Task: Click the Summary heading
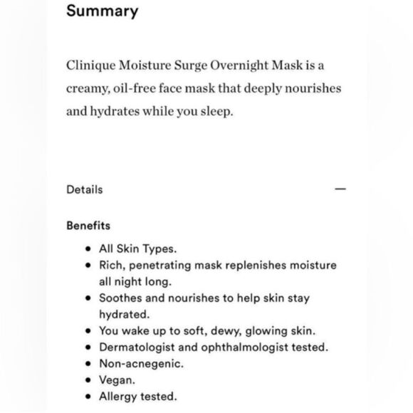click(x=103, y=12)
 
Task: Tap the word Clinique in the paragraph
click(x=90, y=66)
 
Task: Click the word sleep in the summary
click(x=214, y=113)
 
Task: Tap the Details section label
click(x=85, y=189)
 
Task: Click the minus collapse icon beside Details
click(x=340, y=190)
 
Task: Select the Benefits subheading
click(x=88, y=226)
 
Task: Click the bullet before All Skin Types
click(x=87, y=250)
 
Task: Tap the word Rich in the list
click(x=112, y=266)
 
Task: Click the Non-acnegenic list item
click(x=141, y=364)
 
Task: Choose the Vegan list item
click(x=117, y=380)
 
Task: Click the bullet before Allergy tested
click(x=87, y=397)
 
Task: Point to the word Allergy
click(x=117, y=397)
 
